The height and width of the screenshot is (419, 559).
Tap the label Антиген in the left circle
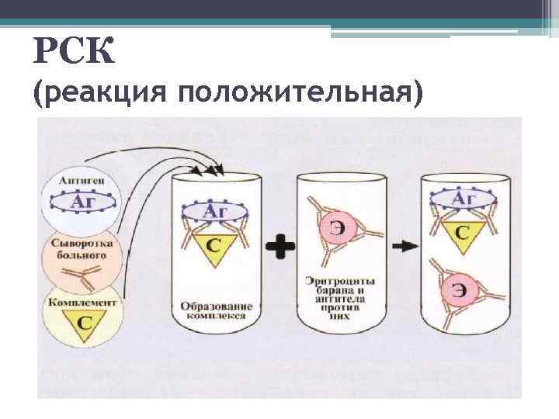(83, 180)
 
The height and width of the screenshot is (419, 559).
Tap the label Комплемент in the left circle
(82, 302)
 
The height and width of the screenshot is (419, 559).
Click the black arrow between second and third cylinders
(401, 246)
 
